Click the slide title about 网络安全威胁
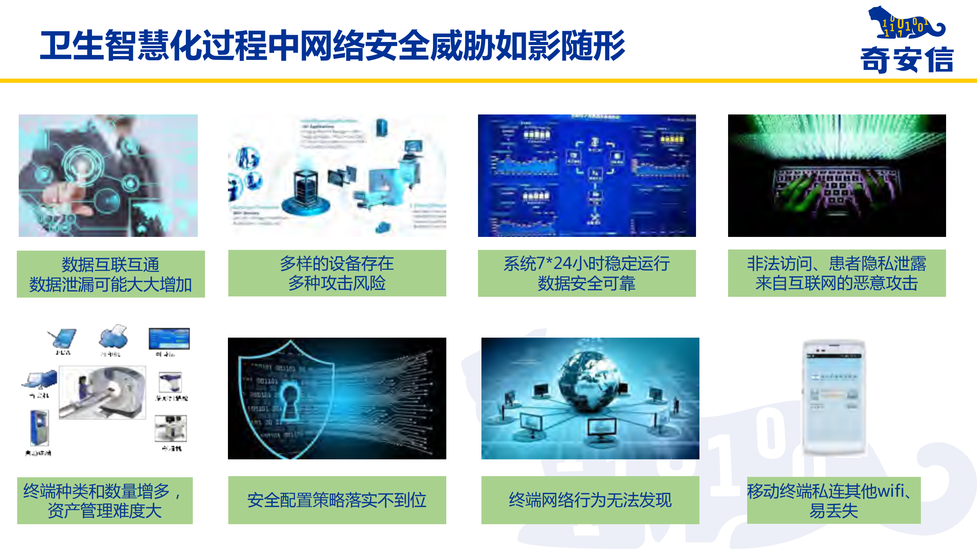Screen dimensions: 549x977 [x=332, y=46]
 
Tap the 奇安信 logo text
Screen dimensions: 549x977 [x=907, y=59]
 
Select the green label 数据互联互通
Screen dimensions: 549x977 [x=111, y=274]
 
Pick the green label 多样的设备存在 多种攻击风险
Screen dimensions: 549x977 [x=337, y=273]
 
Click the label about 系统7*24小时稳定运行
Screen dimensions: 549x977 [x=587, y=273]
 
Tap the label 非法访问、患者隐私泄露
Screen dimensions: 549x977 [x=837, y=273]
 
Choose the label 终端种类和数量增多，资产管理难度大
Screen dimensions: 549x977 [x=105, y=500]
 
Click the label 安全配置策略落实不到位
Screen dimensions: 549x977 [x=337, y=500]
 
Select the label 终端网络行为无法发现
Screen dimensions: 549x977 [x=590, y=500]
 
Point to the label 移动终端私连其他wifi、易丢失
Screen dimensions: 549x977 [x=833, y=500]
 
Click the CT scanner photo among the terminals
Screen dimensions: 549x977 [x=102, y=392]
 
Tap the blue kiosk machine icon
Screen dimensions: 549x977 [x=39, y=427]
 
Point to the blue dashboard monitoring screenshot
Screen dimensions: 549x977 [x=587, y=175]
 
